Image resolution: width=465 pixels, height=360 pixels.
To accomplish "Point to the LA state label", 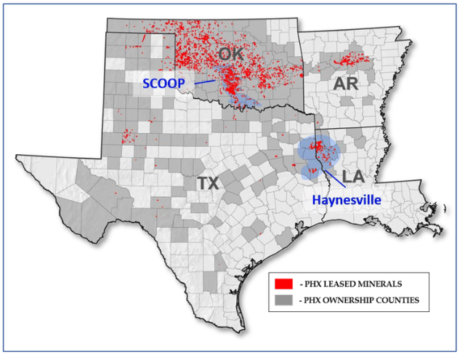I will (354, 176).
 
